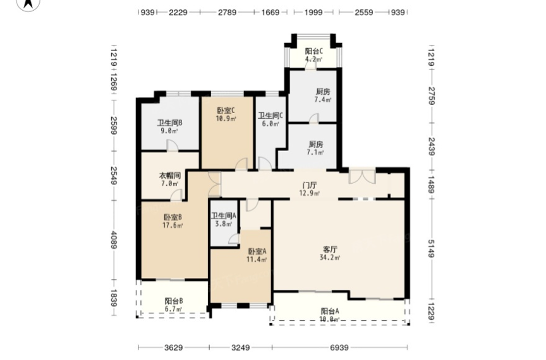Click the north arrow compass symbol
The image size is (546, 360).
[28, 4]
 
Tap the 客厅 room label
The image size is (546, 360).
[330, 249]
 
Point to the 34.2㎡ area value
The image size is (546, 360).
[330, 258]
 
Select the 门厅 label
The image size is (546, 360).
[310, 185]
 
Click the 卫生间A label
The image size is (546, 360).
[224, 215]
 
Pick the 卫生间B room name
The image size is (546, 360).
[169, 123]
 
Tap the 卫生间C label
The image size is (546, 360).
[270, 115]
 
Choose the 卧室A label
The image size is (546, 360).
[257, 251]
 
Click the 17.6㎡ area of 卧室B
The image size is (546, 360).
[173, 225]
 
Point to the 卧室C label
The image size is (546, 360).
[226, 111]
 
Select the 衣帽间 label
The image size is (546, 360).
[170, 176]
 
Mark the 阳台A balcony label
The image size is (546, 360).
[330, 311]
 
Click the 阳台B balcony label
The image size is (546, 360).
[173, 301]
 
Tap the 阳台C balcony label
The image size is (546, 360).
[313, 51]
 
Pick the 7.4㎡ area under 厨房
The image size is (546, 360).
[323, 100]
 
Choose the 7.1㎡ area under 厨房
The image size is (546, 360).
[315, 152]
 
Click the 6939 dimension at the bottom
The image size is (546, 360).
[339, 347]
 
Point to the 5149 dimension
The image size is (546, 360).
[431, 249]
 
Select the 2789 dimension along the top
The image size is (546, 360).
[227, 13]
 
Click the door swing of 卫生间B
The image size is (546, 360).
[173, 145]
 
